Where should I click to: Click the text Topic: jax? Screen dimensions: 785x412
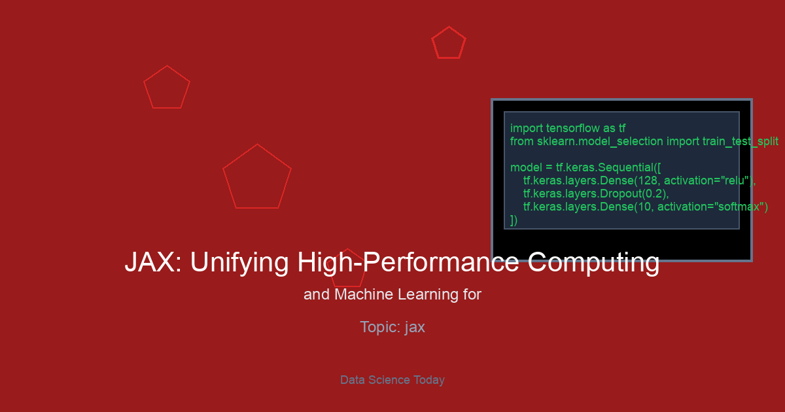(392, 327)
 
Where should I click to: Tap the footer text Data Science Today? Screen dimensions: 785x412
(392, 380)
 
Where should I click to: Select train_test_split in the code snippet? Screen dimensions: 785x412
(740, 141)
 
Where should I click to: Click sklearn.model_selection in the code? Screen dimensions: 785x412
(600, 141)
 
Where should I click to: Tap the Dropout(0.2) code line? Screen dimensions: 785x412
(596, 194)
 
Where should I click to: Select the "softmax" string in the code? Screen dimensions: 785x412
(739, 207)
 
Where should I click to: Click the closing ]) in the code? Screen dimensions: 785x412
(514, 220)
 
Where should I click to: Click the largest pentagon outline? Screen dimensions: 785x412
(257, 144)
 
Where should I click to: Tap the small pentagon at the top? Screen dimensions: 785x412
(449, 27)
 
